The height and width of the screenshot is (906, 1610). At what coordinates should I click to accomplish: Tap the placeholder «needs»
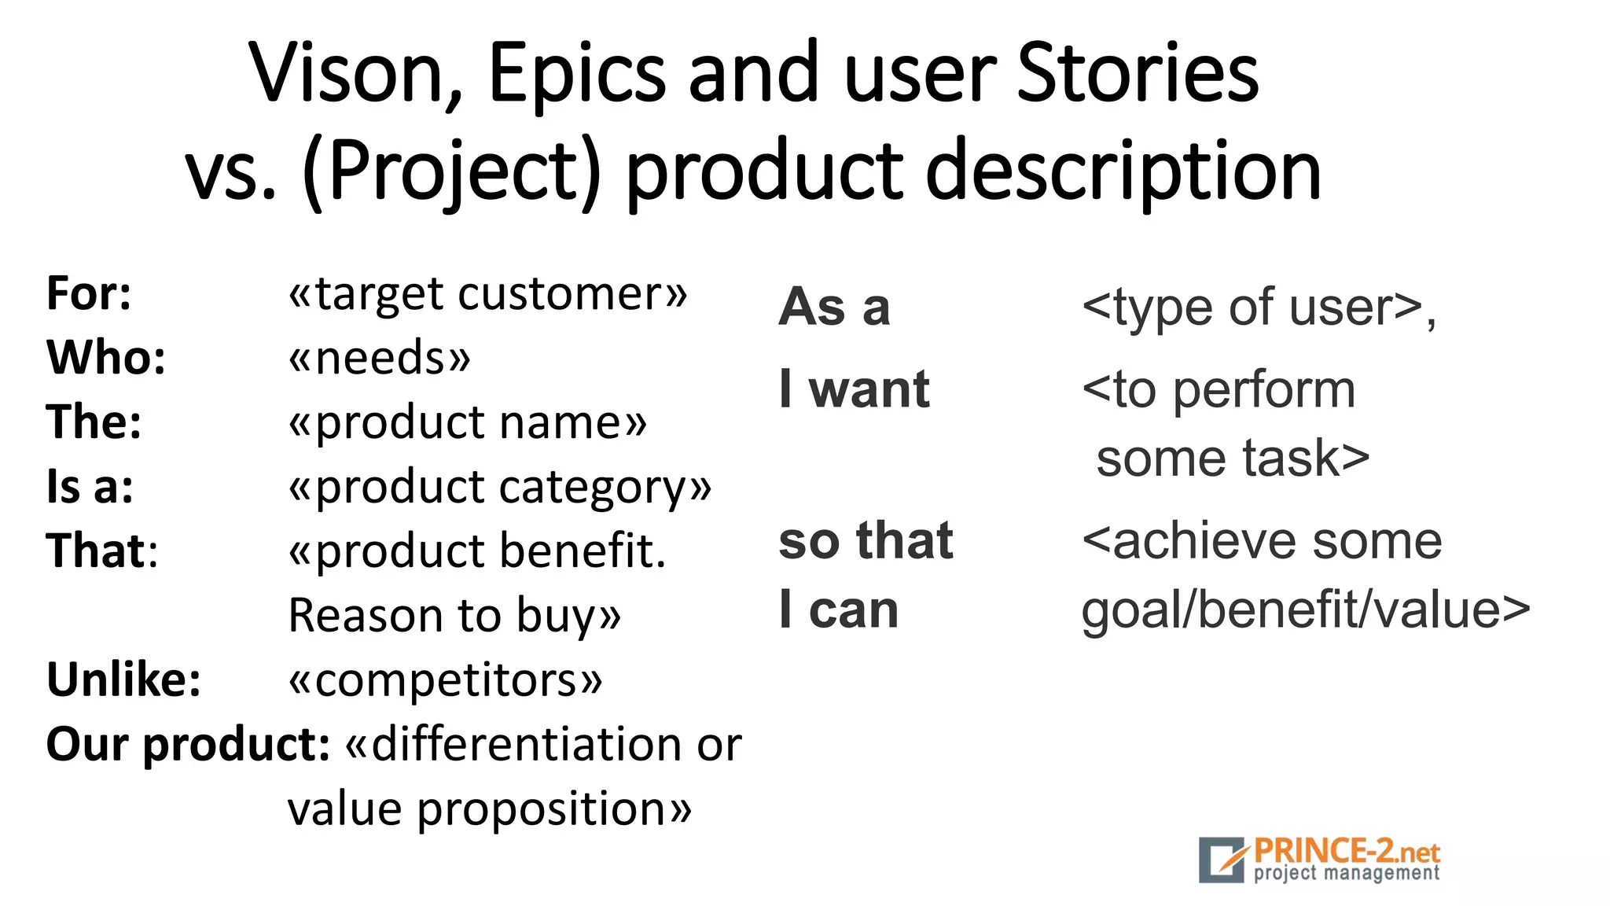pos(380,358)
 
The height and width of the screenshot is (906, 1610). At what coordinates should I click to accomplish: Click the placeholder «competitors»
pos(446,679)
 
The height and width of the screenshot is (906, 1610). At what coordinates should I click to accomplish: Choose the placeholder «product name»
pos(468,422)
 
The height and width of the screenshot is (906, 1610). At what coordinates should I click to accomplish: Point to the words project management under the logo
pos(1346,873)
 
